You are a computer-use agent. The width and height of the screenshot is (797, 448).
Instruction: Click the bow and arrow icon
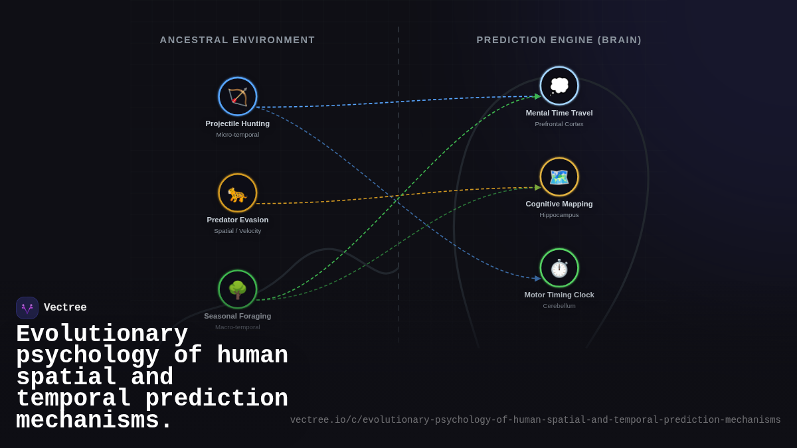click(x=238, y=97)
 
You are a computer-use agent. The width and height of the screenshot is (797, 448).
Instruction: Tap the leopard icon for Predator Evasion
click(x=238, y=193)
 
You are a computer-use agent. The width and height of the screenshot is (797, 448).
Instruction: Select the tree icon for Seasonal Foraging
click(x=238, y=289)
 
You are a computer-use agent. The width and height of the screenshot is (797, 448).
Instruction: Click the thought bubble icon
click(x=559, y=86)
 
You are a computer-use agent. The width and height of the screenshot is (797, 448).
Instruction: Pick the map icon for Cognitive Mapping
click(x=559, y=177)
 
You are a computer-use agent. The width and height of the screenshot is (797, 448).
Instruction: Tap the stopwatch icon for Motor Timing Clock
click(x=559, y=268)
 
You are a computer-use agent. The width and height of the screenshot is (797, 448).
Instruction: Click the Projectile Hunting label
click(x=238, y=123)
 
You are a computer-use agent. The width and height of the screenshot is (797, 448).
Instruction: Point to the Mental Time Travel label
click(x=559, y=113)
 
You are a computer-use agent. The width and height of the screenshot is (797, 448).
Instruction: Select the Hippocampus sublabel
click(x=559, y=215)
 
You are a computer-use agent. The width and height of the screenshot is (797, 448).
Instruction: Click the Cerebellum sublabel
click(x=559, y=306)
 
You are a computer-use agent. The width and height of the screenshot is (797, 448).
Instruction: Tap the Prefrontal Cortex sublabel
click(x=559, y=124)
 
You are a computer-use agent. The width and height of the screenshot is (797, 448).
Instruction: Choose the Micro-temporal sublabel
click(x=238, y=135)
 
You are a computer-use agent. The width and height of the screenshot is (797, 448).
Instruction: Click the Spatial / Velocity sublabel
click(x=238, y=231)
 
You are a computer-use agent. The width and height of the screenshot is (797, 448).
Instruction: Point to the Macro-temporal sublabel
click(x=238, y=327)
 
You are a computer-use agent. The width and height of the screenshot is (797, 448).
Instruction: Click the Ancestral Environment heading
click(x=238, y=40)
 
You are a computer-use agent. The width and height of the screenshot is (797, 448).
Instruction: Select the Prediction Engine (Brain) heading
click(x=559, y=40)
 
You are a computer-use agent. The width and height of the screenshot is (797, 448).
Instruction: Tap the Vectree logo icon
click(x=27, y=308)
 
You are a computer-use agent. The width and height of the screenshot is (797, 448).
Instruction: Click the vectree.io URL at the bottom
click(x=535, y=420)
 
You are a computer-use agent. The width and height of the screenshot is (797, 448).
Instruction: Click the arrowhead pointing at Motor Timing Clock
click(x=537, y=279)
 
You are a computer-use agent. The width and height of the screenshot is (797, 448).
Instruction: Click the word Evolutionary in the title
click(x=102, y=334)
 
